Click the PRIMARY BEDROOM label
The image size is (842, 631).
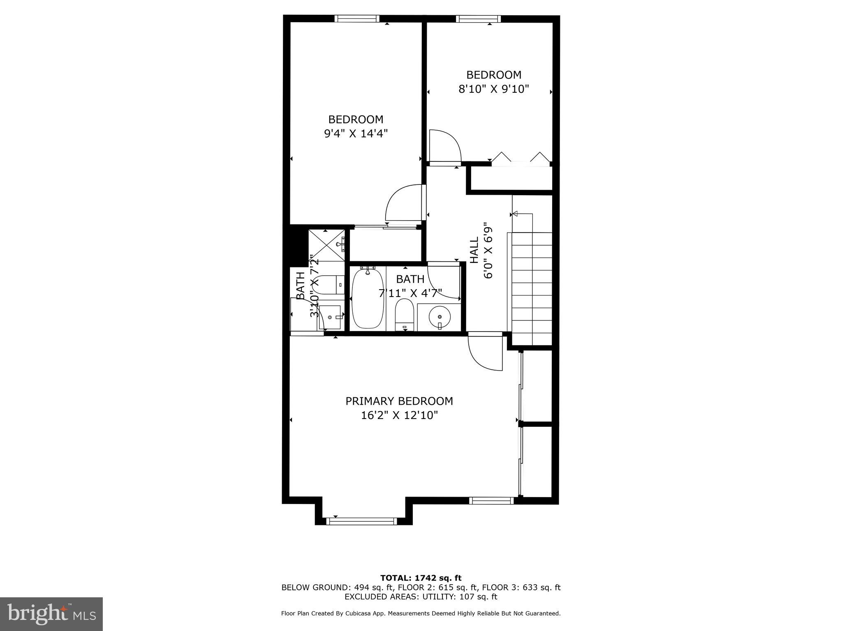click(x=399, y=401)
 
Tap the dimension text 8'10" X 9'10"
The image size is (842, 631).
click(x=493, y=89)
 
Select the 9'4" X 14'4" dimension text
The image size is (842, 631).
click(x=356, y=134)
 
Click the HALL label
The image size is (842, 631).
click(x=474, y=250)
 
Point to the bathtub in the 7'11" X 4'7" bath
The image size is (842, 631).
click(x=368, y=298)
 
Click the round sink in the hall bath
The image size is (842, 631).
click(x=440, y=317)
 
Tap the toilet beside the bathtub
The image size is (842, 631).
click(x=404, y=314)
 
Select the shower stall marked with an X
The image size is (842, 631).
click(x=326, y=245)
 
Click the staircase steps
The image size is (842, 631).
click(x=530, y=288)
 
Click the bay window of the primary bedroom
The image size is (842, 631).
click(x=362, y=521)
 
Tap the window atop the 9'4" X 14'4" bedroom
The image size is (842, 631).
click(x=356, y=18)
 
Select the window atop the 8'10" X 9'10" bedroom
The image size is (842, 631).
click(x=478, y=18)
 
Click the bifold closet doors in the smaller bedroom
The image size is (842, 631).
click(x=521, y=159)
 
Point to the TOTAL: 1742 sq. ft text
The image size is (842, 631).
click(x=421, y=578)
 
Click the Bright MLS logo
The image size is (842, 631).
click(x=51, y=614)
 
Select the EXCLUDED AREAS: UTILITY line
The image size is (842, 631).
click(x=421, y=596)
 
